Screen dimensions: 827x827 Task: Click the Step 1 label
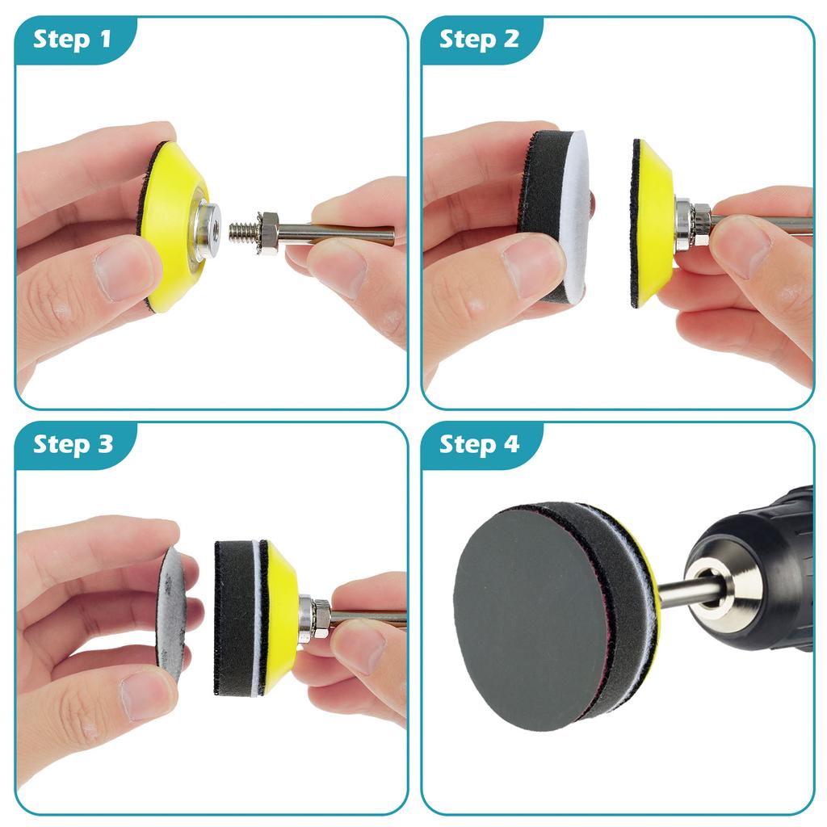[x=73, y=38]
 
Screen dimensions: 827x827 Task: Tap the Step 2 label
[x=479, y=38]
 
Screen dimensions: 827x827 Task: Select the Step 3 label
[x=73, y=443]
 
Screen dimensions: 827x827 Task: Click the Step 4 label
[x=479, y=443]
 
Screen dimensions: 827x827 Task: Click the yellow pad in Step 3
[x=280, y=618]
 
